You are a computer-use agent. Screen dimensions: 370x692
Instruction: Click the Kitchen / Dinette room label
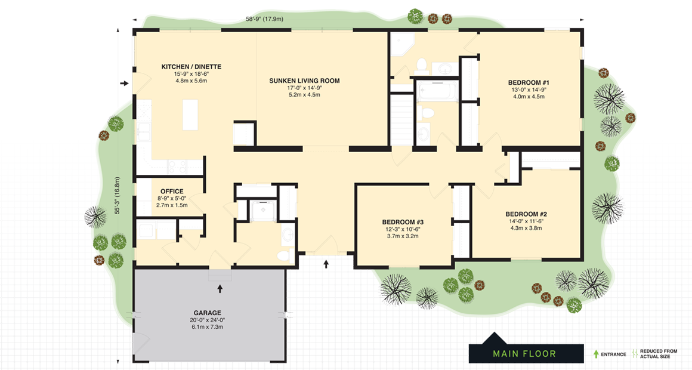(x=191, y=67)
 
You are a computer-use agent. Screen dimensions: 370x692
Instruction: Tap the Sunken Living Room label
(x=304, y=81)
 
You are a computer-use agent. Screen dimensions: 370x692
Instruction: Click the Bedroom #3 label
(x=403, y=222)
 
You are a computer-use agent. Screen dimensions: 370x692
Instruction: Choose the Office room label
(x=172, y=192)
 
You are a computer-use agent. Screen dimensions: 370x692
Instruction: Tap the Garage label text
(x=207, y=313)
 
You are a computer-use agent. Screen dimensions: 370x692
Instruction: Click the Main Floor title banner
(x=524, y=354)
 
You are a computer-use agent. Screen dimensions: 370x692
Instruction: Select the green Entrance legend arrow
(x=595, y=354)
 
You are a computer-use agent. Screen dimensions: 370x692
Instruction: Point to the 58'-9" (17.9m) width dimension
(x=264, y=18)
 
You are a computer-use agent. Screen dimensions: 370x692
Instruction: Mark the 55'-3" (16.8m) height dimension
(x=118, y=195)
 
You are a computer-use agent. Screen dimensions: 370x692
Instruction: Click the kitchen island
(x=190, y=115)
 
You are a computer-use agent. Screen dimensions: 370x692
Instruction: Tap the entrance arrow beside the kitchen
(x=124, y=84)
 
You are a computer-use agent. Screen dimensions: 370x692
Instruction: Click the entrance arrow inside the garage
(x=220, y=289)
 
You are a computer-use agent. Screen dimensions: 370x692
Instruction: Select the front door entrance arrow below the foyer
(x=326, y=263)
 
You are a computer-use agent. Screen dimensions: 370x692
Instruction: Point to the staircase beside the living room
(x=401, y=119)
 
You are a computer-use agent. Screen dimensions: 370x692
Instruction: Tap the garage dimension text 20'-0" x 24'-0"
(x=207, y=319)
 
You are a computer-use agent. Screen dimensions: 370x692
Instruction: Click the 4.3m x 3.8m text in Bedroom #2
(x=526, y=228)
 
